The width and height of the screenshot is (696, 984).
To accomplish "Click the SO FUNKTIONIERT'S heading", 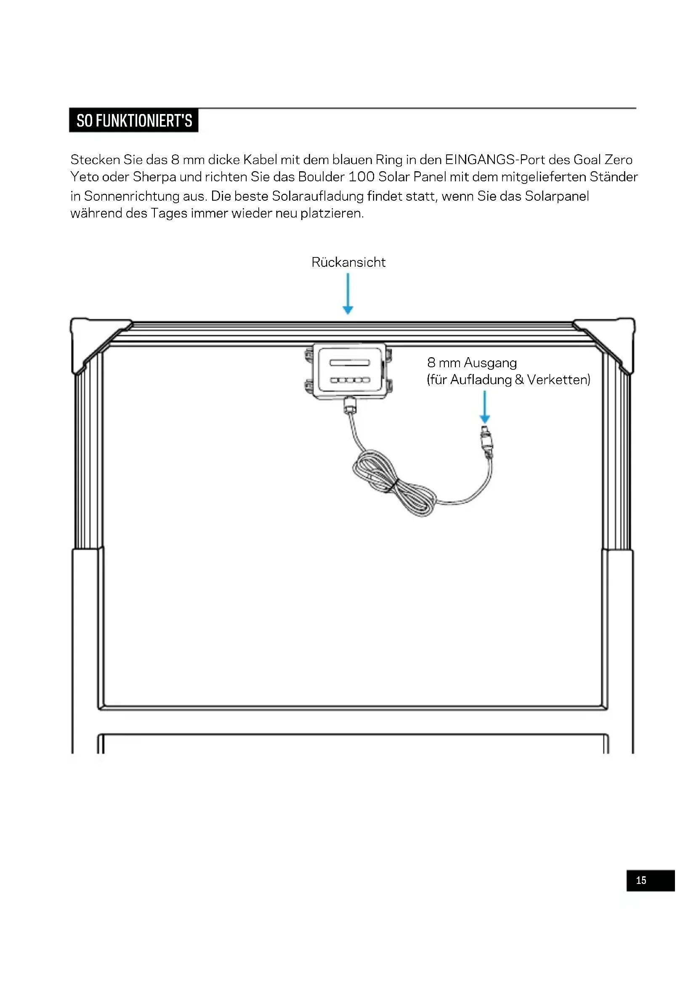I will tap(134, 121).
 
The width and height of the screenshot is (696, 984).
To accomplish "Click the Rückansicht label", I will tap(348, 262).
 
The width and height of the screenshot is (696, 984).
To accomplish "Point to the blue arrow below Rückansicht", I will tap(348, 294).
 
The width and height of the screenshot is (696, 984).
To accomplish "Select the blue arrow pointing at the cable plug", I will tap(485, 407).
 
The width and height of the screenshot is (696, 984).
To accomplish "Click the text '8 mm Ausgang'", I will tap(472, 363).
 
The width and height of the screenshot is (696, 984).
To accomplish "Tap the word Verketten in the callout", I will tap(558, 380).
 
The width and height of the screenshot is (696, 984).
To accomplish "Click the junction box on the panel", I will tap(349, 371).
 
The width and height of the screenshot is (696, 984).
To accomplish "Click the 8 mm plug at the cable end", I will tap(486, 440).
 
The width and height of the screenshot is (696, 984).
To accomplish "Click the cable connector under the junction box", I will tap(350, 406).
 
